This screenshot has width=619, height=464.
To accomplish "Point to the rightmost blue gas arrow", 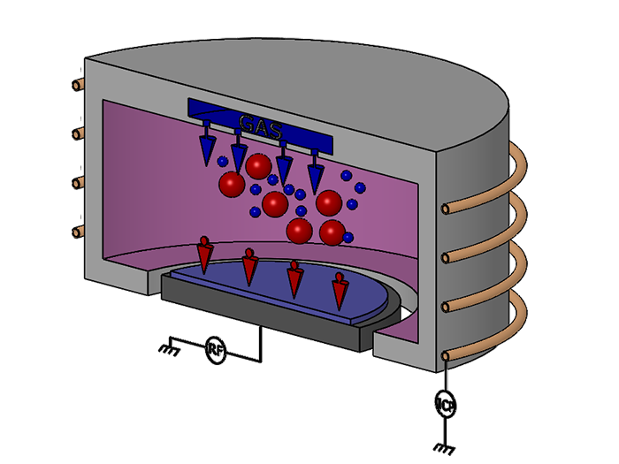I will [315, 170].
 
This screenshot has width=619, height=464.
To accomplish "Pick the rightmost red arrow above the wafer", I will [339, 290].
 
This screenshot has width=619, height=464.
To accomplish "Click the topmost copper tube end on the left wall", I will [77, 87].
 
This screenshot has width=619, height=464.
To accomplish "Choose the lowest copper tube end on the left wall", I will [77, 232].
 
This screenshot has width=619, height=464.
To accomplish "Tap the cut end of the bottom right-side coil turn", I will [448, 355].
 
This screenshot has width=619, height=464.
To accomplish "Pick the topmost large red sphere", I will [258, 165].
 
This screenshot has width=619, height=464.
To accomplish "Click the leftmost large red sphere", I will [232, 185].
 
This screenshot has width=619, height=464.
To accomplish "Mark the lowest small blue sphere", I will [348, 237].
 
